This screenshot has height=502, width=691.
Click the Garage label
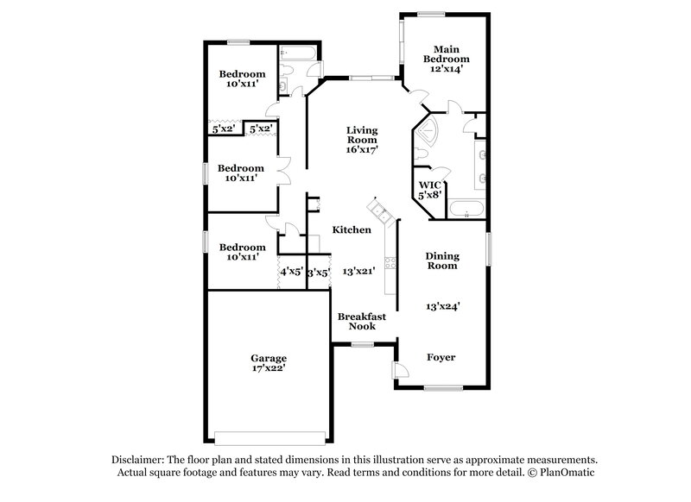click(x=269, y=358)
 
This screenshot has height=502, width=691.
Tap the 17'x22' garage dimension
click(x=269, y=369)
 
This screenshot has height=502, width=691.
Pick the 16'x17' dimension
click(x=362, y=149)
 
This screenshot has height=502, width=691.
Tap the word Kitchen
click(x=352, y=229)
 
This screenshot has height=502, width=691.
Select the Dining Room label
click(x=441, y=260)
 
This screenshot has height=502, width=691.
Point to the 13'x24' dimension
click(x=441, y=306)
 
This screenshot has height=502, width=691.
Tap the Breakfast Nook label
click(x=361, y=321)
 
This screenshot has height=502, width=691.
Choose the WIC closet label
click(x=430, y=185)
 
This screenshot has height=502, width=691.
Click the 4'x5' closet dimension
click(x=291, y=273)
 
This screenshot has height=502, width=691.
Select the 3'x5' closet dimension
click(x=319, y=273)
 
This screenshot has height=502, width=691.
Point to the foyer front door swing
click(x=401, y=370)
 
